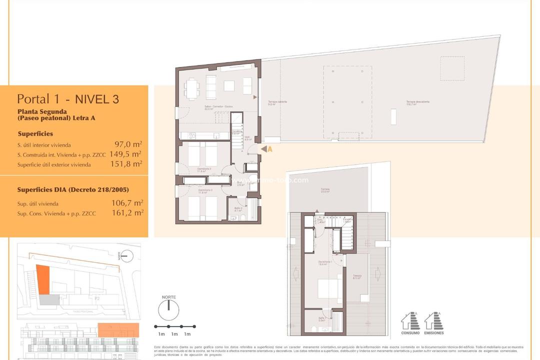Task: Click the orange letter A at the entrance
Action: point(269,148)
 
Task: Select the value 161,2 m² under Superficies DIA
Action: point(127,212)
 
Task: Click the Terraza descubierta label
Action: point(417,102)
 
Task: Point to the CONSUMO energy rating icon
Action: point(410,322)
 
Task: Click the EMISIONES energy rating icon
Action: point(433,322)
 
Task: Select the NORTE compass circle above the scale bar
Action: point(168,310)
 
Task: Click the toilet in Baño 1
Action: point(313,328)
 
